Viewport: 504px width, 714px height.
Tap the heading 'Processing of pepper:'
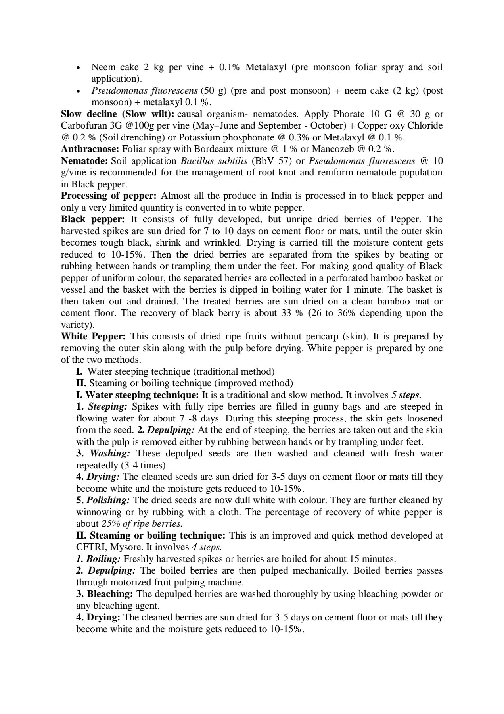[109, 196]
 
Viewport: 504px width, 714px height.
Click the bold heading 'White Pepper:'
[93, 337]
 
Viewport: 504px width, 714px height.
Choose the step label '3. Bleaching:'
[104, 594]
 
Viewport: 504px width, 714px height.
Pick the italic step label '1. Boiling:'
[98, 559]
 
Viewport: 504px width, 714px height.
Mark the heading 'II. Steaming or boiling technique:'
[151, 536]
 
